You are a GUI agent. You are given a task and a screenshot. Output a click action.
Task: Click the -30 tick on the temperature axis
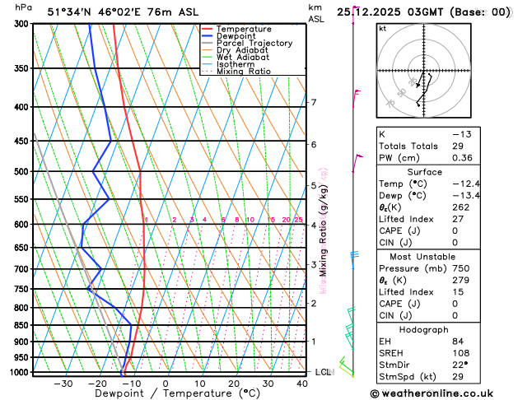click(x=63, y=384)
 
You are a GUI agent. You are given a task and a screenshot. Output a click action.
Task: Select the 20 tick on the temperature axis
click(x=234, y=384)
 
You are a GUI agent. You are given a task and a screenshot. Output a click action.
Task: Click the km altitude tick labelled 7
click(x=313, y=103)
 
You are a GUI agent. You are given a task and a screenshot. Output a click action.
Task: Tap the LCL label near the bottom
click(x=323, y=372)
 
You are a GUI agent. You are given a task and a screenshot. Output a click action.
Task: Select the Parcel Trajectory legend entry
click(x=254, y=43)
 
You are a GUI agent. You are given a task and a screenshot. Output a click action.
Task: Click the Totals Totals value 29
click(x=457, y=146)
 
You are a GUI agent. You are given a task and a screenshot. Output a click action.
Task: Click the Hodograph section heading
click(x=442, y=329)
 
